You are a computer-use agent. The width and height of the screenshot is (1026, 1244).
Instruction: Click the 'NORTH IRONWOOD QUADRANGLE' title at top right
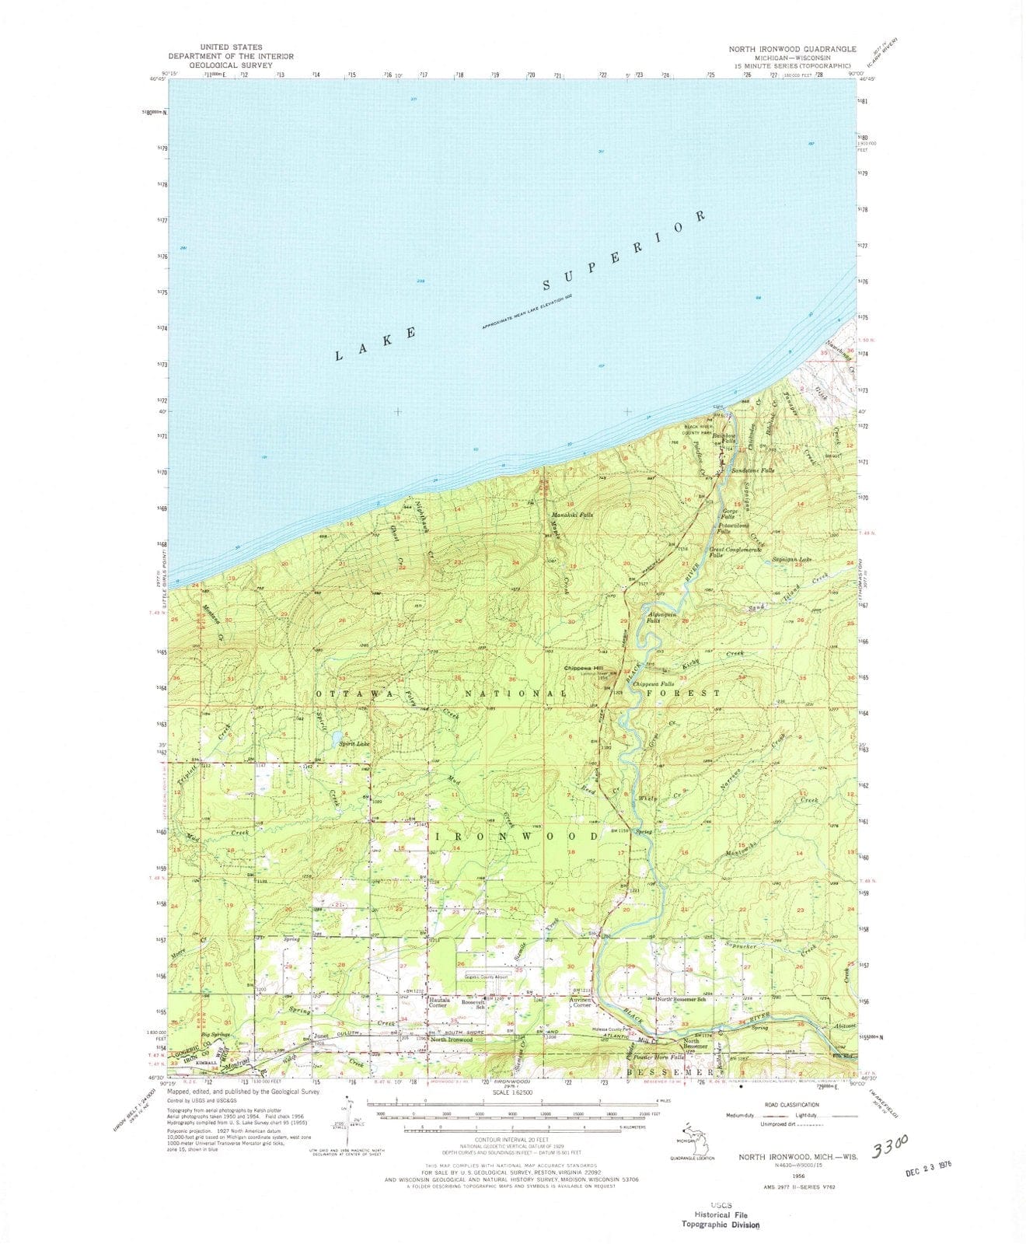[792, 48]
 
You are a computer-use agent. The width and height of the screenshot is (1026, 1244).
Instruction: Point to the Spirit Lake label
[354, 744]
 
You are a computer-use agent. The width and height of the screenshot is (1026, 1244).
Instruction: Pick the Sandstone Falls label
[752, 471]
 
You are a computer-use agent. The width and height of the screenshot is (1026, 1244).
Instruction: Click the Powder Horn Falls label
[659, 1057]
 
